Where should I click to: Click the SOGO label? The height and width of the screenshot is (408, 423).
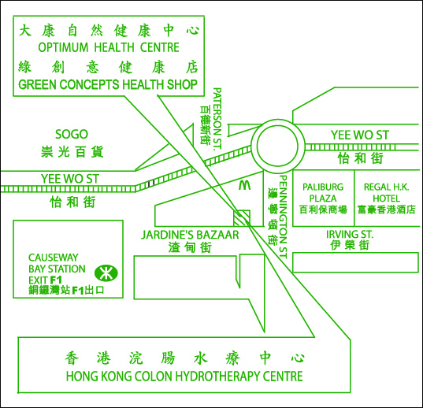[72, 134]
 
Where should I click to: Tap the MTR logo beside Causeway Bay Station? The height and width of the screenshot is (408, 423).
[106, 273]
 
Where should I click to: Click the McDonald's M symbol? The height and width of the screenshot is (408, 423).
[245, 185]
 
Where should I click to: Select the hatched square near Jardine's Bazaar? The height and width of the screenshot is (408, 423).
[242, 218]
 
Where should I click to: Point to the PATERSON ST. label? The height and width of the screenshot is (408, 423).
[217, 119]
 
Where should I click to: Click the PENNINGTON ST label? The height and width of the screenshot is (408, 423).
[283, 217]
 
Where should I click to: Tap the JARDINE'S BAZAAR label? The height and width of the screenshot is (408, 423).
[190, 235]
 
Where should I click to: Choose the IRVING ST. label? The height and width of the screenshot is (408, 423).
[350, 234]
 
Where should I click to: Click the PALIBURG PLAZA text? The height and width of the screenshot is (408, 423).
[323, 192]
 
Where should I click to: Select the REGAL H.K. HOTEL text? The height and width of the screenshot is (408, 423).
[386, 192]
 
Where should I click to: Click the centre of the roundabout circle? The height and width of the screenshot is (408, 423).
[277, 146]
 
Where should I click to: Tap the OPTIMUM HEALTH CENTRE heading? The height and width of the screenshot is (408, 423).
[109, 47]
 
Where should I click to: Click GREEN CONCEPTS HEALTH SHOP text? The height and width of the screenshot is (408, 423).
[108, 84]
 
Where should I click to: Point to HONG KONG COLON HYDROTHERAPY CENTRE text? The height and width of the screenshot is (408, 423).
[184, 376]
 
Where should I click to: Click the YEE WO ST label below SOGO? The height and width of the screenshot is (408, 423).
[70, 179]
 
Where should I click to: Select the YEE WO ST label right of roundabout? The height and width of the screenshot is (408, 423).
[360, 135]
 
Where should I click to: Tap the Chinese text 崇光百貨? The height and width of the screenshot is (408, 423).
[72, 151]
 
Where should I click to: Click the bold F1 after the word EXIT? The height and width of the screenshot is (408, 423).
[56, 280]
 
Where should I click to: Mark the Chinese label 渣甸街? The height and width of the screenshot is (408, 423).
[190, 247]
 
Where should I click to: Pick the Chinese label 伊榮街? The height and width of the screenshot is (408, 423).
[350, 245]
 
